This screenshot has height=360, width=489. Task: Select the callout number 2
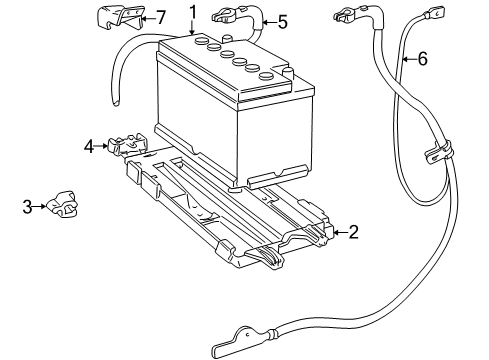(353, 232)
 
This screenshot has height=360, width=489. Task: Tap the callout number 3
(28, 207)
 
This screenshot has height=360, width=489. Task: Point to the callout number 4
(90, 147)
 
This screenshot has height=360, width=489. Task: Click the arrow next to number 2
(338, 232)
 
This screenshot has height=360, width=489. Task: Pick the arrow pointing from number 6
(408, 59)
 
